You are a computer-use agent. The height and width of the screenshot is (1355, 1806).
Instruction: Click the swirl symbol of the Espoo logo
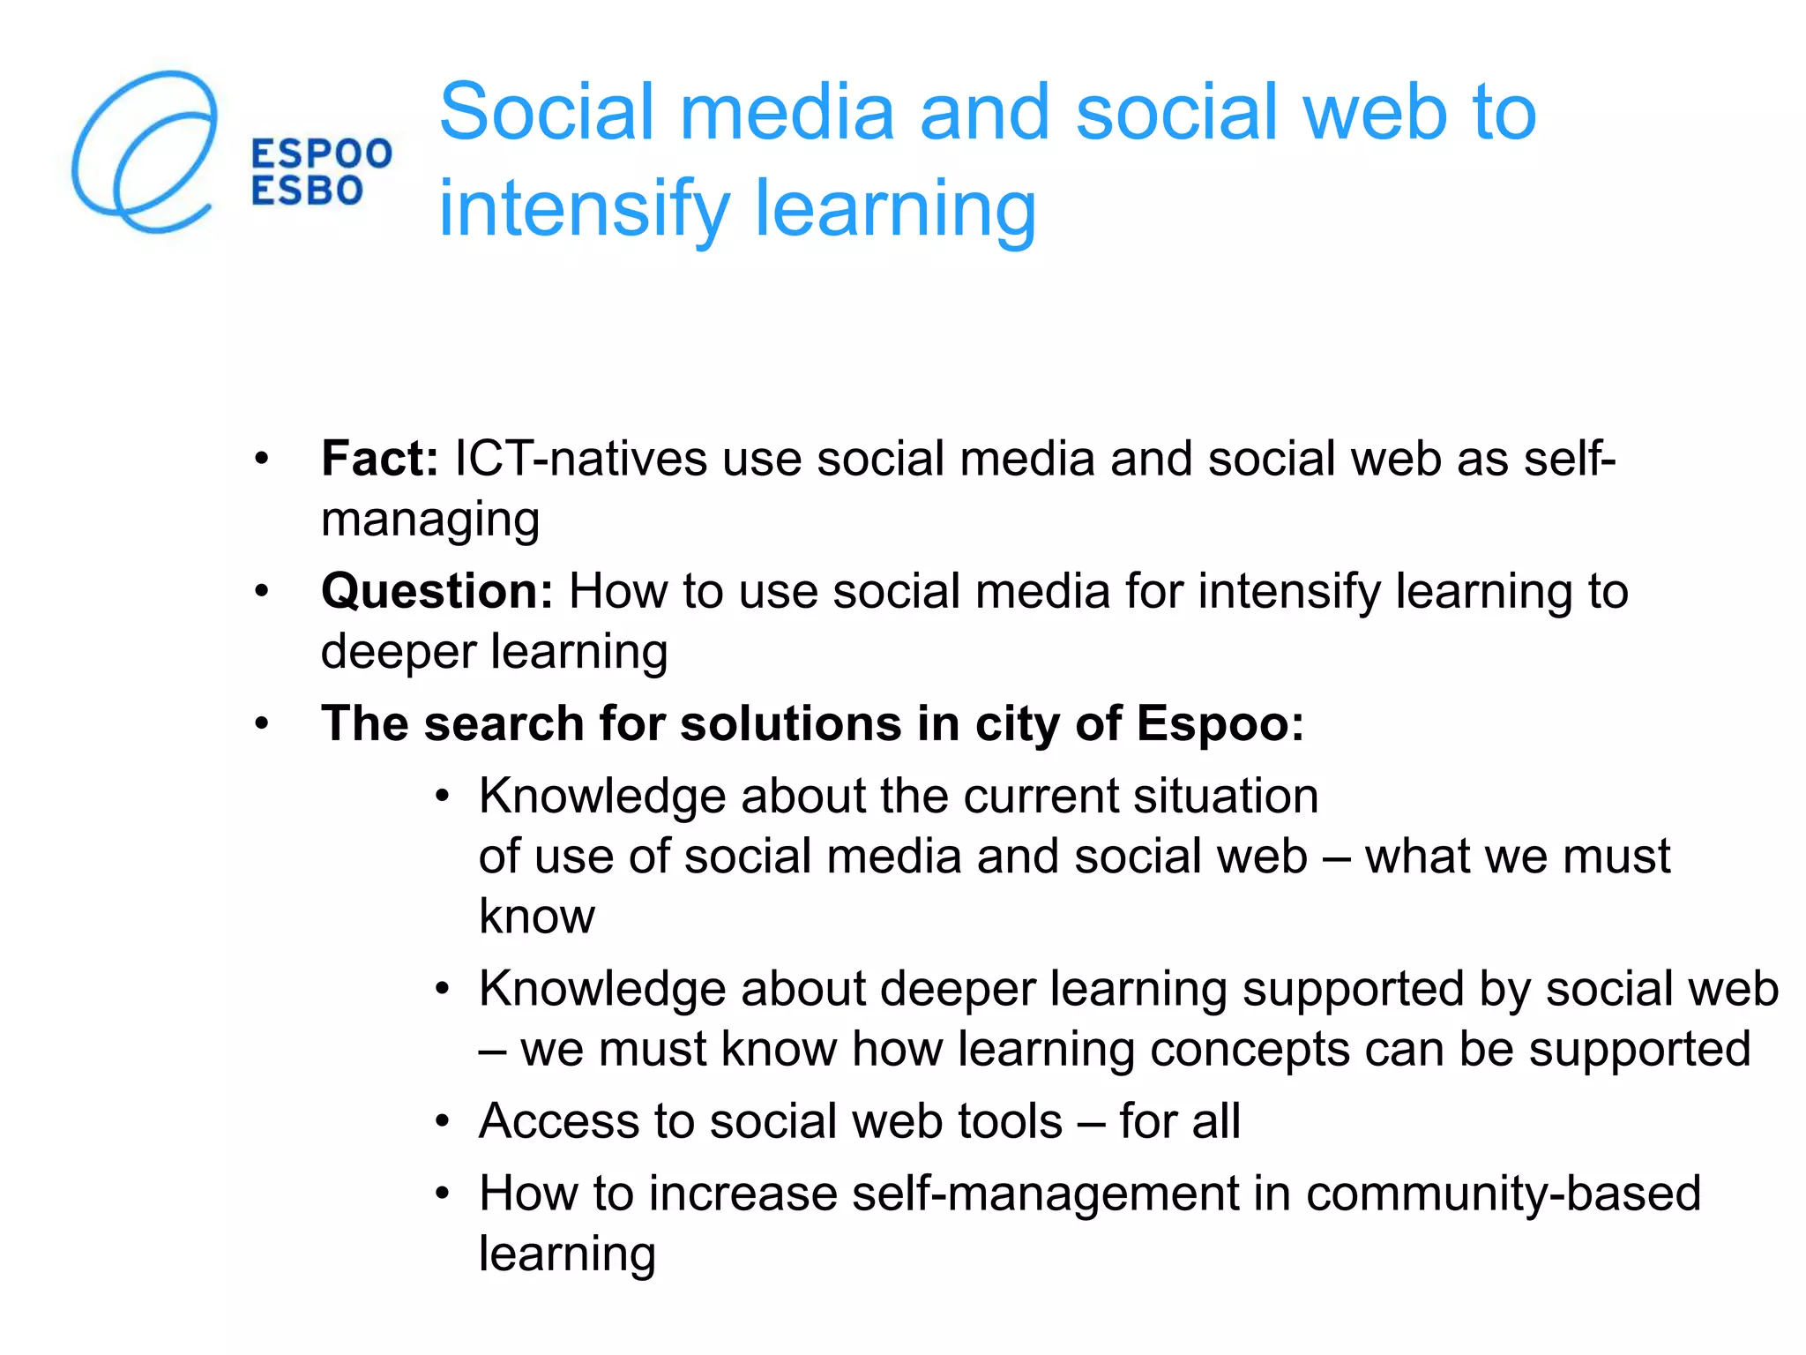[144, 152]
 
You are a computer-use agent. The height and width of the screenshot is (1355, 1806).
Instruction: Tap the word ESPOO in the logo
[321, 154]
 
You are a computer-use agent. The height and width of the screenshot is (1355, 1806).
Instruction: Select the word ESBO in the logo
[307, 191]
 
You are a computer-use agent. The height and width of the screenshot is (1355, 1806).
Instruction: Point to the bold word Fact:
[379, 459]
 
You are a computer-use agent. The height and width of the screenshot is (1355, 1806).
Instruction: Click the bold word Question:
[437, 591]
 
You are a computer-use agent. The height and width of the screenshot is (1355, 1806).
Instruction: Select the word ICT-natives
[580, 459]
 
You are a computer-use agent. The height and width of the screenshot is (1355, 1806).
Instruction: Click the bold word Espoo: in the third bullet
[1220, 723]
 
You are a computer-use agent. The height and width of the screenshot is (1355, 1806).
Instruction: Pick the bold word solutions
[790, 723]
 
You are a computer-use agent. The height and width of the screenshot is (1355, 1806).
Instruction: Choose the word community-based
[1503, 1194]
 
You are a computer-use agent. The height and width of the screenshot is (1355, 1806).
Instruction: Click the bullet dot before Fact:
[261, 460]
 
